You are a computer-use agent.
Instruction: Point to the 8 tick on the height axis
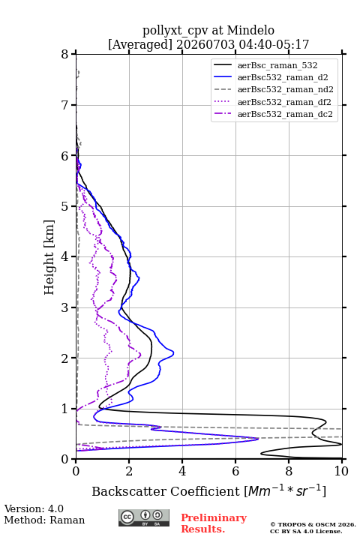click(65, 54)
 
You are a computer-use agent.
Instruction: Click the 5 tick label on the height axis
click(65, 206)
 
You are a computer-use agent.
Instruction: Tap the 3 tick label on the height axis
click(65, 307)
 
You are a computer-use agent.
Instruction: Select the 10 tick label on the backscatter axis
click(341, 471)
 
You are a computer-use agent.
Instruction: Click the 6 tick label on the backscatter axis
click(235, 471)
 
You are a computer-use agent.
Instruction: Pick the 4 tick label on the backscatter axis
click(182, 471)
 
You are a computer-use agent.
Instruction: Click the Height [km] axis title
click(49, 257)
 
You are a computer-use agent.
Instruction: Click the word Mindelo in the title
click(250, 30)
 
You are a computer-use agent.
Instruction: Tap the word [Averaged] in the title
click(140, 44)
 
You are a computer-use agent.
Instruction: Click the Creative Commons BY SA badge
click(144, 518)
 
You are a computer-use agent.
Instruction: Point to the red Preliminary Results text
click(214, 523)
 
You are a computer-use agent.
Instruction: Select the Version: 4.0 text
click(34, 508)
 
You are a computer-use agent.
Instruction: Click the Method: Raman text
click(44, 520)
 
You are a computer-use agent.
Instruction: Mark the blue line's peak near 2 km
click(173, 352)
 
